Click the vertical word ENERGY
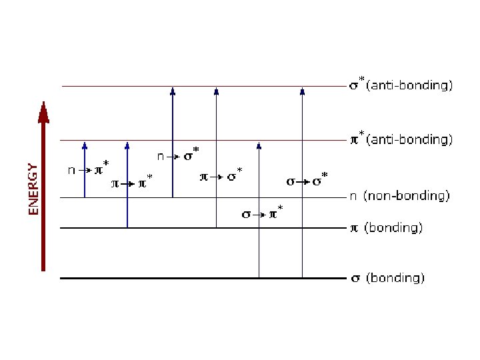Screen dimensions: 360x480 pyautogui.click(x=33, y=189)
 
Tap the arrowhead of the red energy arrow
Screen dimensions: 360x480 pyautogui.click(x=44, y=113)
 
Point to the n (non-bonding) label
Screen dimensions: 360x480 pyautogui.click(x=400, y=196)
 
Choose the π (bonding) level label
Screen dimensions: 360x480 pyautogui.click(x=387, y=228)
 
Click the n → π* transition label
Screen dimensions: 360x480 pyautogui.click(x=89, y=169)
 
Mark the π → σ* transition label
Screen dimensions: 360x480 pyautogui.click(x=221, y=177)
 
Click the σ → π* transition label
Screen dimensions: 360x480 pyautogui.click(x=261, y=214)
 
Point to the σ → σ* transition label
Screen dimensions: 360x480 pyautogui.click(x=307, y=181)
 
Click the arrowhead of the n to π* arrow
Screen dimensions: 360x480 pyautogui.click(x=85, y=145)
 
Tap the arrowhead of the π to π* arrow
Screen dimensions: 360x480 pyautogui.click(x=127, y=145)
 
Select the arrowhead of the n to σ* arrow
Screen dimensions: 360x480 pyautogui.click(x=173, y=91)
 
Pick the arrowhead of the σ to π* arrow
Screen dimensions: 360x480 pyautogui.click(x=259, y=145)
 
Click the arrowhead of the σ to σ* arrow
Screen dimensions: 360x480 pyautogui.click(x=302, y=91)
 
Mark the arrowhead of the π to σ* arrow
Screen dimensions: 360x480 pyautogui.click(x=216, y=91)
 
